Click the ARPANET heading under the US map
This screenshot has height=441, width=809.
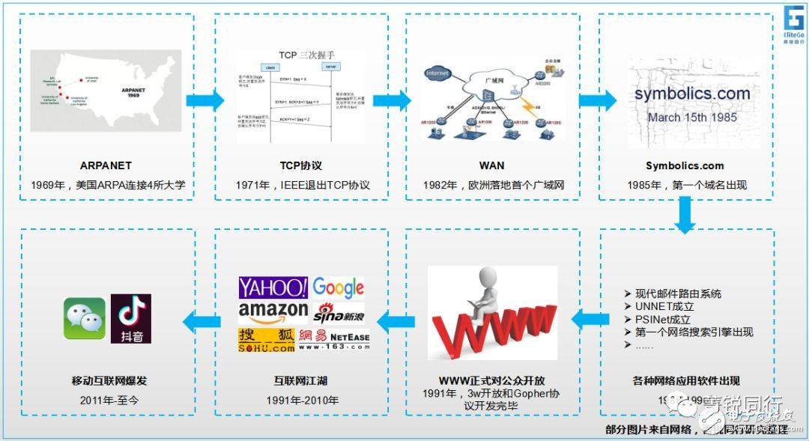pos(106,165)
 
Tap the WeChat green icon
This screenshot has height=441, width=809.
pos(84,318)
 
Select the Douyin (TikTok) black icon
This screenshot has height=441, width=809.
pos(130,318)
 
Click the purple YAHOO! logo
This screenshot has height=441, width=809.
pos(273,288)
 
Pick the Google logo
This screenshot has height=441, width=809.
pos(339,287)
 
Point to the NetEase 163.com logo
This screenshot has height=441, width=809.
pos(334,341)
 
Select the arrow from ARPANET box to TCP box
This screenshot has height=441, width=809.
pos(204,100)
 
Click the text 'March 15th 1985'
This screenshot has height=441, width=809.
pos(692,117)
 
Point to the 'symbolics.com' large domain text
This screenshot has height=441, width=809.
pos(692,94)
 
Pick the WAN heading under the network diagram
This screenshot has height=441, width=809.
pos(491,165)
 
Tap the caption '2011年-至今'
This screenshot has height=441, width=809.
pos(109,401)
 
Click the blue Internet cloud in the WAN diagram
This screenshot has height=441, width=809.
pos(437,73)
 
